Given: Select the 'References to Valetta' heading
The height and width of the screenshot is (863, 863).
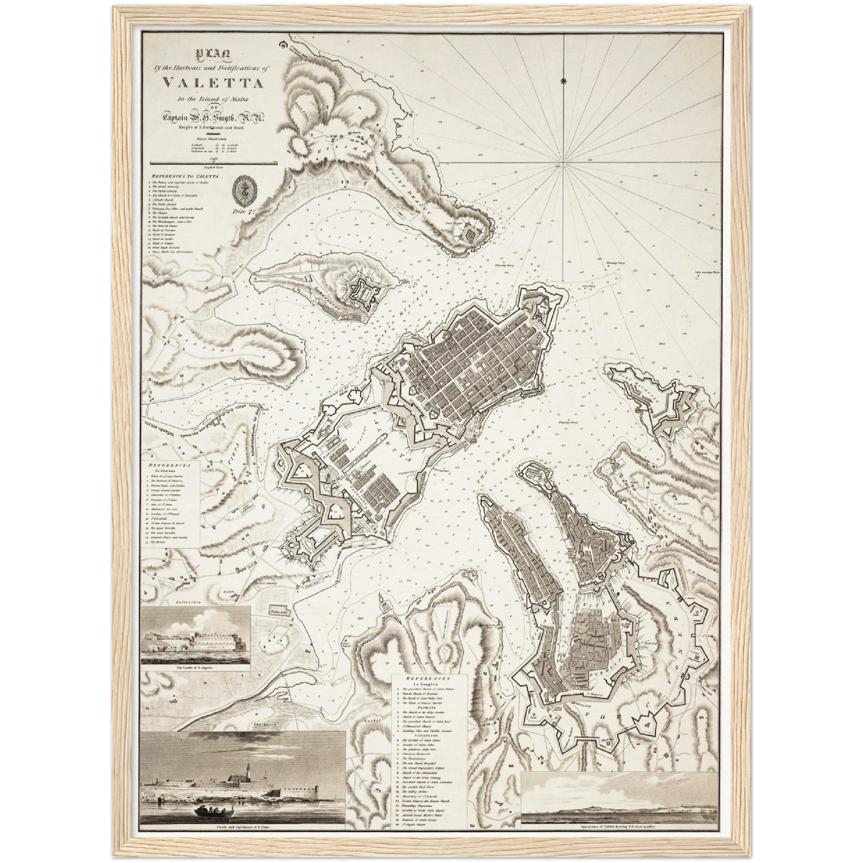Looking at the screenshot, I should (185, 177).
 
